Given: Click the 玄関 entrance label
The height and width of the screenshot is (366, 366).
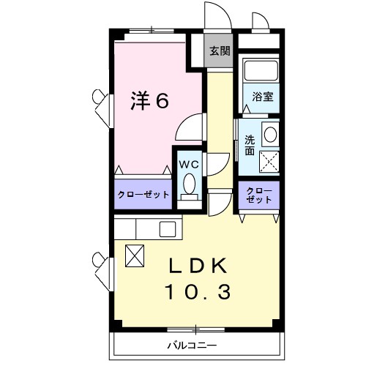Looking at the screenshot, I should click(219, 51).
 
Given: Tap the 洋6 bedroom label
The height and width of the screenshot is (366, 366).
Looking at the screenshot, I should click(151, 100).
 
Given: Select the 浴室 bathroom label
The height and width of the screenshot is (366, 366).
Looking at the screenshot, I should click(264, 97).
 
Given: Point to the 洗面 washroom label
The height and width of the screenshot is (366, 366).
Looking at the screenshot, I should click(250, 145).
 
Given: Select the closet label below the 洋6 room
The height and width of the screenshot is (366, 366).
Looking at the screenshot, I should click(144, 195).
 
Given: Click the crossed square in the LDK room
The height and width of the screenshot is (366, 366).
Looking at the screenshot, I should click(136, 255).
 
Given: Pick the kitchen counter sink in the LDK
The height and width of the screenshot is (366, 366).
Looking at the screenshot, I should click(167, 228).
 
